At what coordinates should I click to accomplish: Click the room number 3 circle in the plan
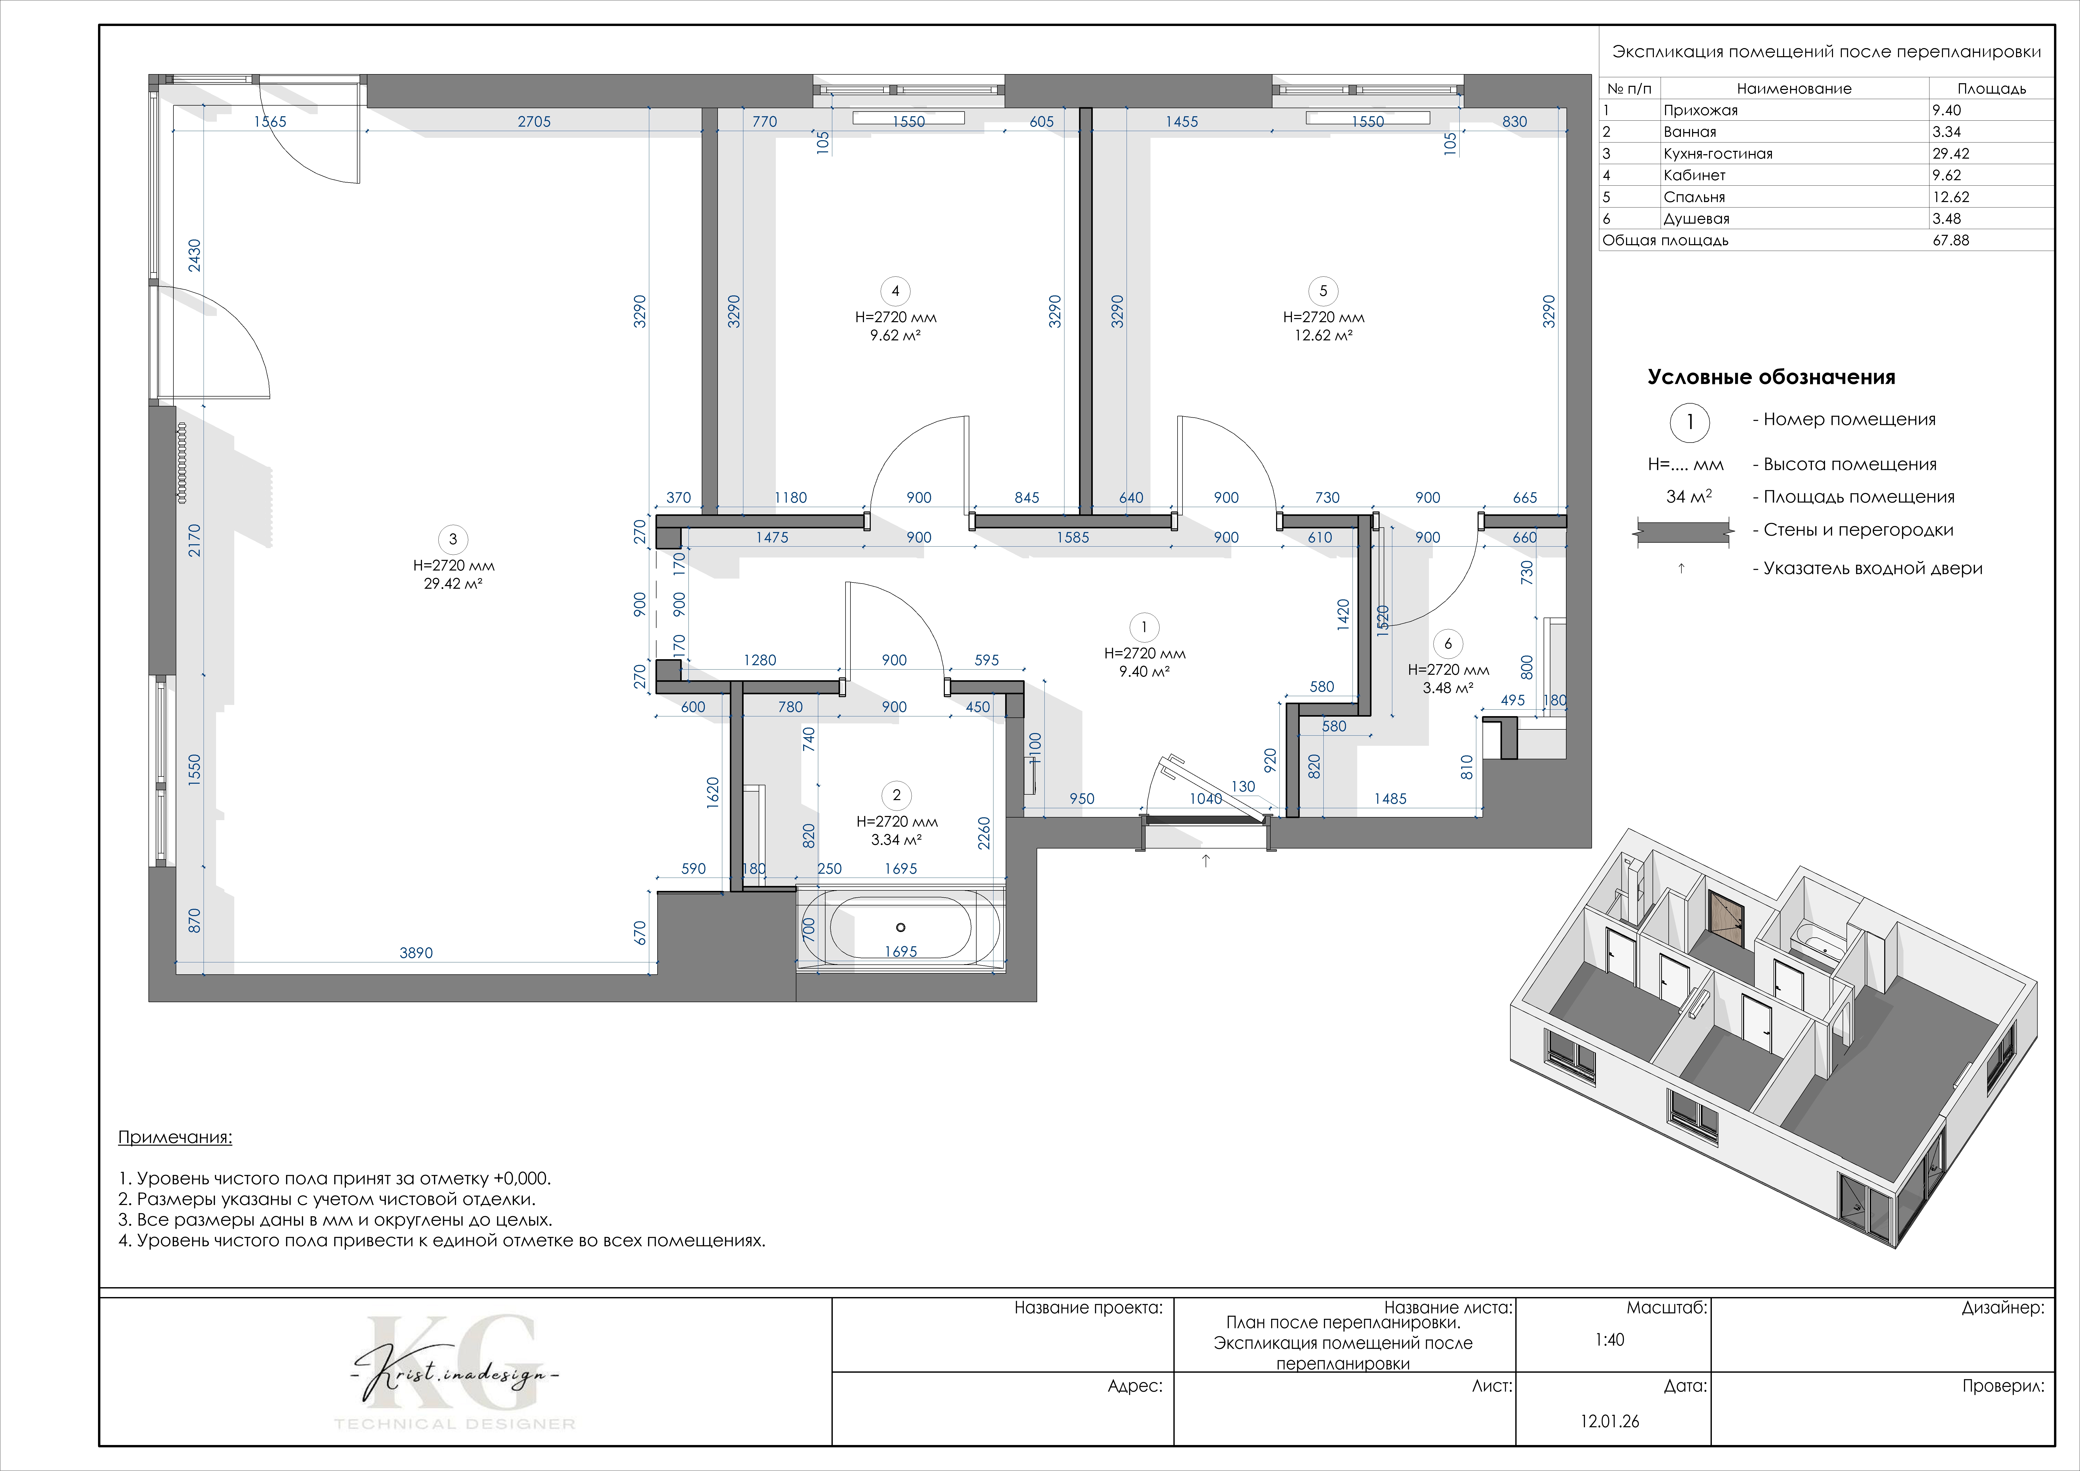(453, 540)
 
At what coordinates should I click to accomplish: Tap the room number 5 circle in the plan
(1324, 291)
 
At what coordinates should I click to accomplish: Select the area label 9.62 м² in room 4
(896, 335)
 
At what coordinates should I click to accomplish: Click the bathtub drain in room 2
(900, 926)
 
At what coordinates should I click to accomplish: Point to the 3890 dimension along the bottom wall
(416, 953)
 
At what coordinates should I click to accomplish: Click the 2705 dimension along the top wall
(535, 121)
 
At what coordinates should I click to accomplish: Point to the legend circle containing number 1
(1689, 422)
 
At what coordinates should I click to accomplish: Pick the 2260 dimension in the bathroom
(984, 833)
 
